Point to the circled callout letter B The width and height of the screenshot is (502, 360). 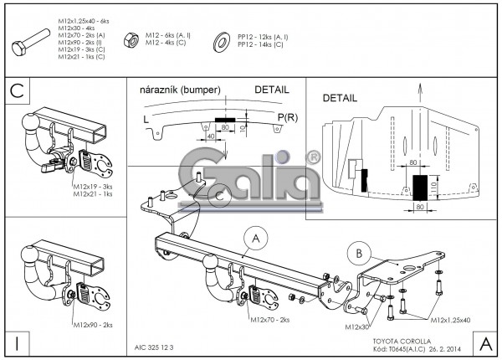click(x=356, y=252)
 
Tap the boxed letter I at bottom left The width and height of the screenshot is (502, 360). click(x=16, y=342)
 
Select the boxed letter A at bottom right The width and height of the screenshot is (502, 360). click(x=486, y=342)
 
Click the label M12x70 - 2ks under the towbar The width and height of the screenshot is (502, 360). click(x=269, y=320)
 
